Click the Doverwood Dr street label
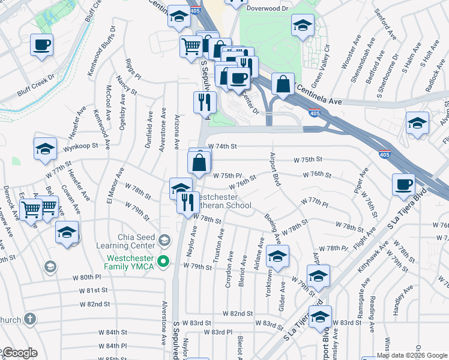pos(267,10)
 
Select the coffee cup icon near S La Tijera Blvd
pos(404,184)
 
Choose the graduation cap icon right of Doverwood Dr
pos(303,25)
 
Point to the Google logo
pos(20,353)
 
